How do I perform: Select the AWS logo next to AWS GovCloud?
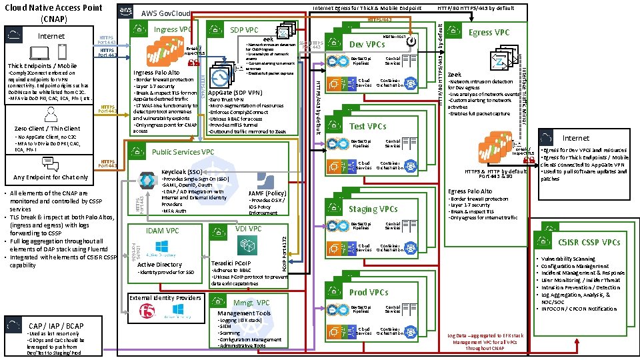click(126, 11)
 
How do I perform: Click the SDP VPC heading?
click(244, 30)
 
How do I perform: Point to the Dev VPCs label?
click(367, 44)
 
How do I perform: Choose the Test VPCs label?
click(367, 126)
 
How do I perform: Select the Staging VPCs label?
click(373, 209)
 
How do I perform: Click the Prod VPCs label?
click(369, 292)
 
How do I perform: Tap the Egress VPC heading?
click(489, 32)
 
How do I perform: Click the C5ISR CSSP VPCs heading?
click(589, 242)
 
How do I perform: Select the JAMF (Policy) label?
click(267, 193)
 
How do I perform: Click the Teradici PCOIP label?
click(231, 264)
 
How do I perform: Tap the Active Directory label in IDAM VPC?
click(159, 265)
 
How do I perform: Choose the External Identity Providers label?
click(165, 297)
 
